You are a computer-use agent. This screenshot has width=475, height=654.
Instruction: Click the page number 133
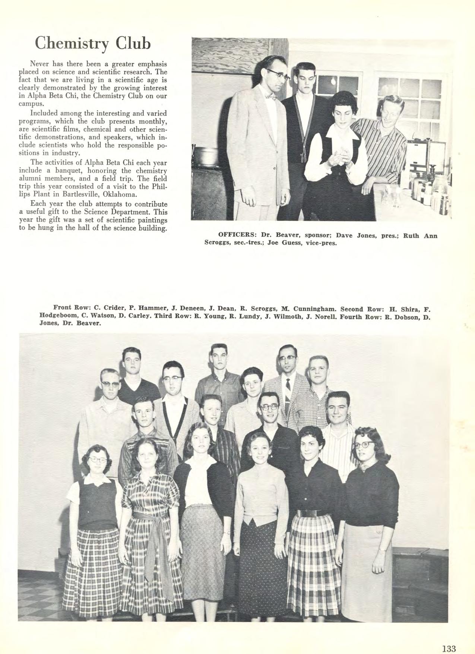click(449, 639)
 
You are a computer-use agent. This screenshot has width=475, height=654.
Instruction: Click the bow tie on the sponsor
click(270, 98)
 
